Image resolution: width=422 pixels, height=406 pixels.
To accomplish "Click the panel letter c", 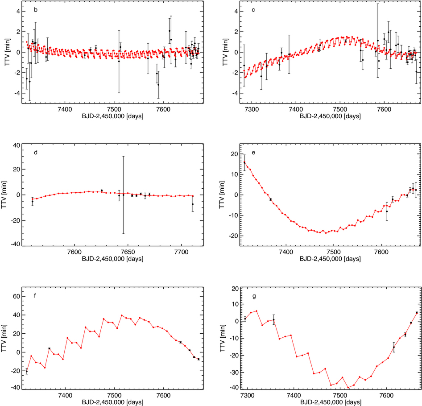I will (253, 9).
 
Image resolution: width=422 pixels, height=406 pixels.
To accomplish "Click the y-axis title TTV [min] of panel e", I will (226, 195).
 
